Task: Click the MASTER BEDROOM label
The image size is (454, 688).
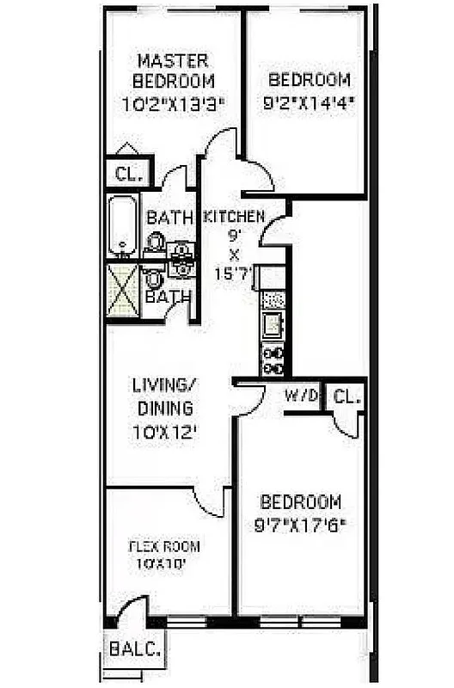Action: pos(173,71)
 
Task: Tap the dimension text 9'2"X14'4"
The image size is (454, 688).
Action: pos(310,102)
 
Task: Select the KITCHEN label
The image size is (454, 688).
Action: pos(233,217)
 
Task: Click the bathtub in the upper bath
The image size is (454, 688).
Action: pos(122,225)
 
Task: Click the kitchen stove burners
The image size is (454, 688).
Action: pos(273,360)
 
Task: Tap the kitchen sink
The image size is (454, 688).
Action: pos(273,325)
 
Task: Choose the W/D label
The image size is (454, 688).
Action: pos(302,396)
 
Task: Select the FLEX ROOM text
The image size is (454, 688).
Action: pos(164,546)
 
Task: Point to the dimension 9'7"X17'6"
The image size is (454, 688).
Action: pos(300,522)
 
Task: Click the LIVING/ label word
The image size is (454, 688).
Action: pos(163,384)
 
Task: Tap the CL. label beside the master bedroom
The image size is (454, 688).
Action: pos(127,174)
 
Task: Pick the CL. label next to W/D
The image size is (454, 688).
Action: pos(346,396)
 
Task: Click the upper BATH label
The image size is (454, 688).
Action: pos(169,218)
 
